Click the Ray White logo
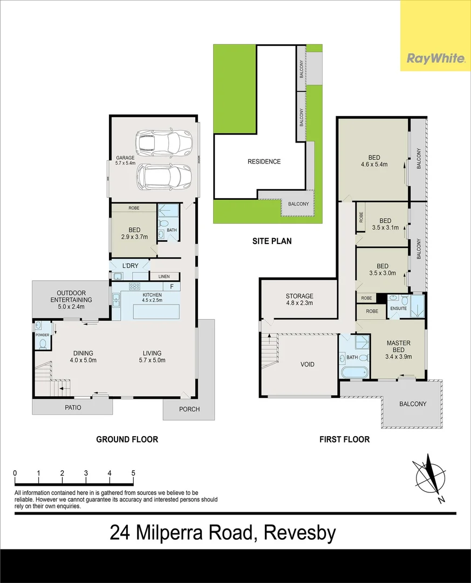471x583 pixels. (x=435, y=58)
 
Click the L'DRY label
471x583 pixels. (x=131, y=266)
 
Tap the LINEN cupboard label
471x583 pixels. (x=163, y=276)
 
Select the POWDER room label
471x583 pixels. (x=43, y=335)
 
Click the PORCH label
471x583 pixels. (x=189, y=409)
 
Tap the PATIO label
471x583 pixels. (x=73, y=408)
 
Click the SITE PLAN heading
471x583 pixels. (x=272, y=241)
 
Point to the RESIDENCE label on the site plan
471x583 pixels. (x=264, y=161)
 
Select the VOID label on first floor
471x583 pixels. (x=307, y=364)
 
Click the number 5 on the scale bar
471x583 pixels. (x=133, y=473)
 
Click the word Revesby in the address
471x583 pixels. (x=299, y=533)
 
